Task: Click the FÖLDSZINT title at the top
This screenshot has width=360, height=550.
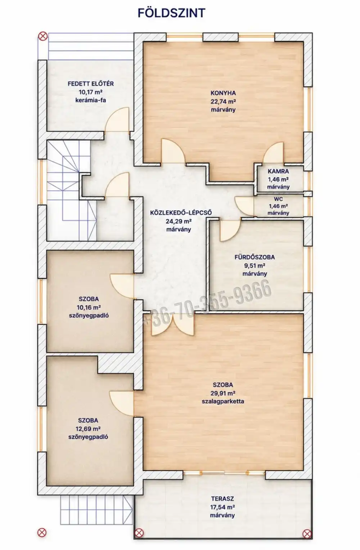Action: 171,13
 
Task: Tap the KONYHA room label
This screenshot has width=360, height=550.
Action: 223,93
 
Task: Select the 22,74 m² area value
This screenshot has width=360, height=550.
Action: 223,102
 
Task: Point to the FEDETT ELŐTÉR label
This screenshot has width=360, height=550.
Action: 91,84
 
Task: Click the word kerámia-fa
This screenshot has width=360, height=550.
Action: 91,100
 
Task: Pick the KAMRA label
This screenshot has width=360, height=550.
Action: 278,171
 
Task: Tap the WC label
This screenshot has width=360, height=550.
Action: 278,199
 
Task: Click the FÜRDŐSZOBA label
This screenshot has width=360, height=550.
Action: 255,257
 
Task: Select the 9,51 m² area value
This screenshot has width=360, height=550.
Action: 255,266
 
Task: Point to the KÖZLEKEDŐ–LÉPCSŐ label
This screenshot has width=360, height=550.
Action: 181,213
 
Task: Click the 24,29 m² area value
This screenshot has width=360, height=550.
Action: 179,221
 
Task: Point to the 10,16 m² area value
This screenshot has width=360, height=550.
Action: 89,307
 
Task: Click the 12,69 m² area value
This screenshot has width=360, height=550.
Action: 88,429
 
